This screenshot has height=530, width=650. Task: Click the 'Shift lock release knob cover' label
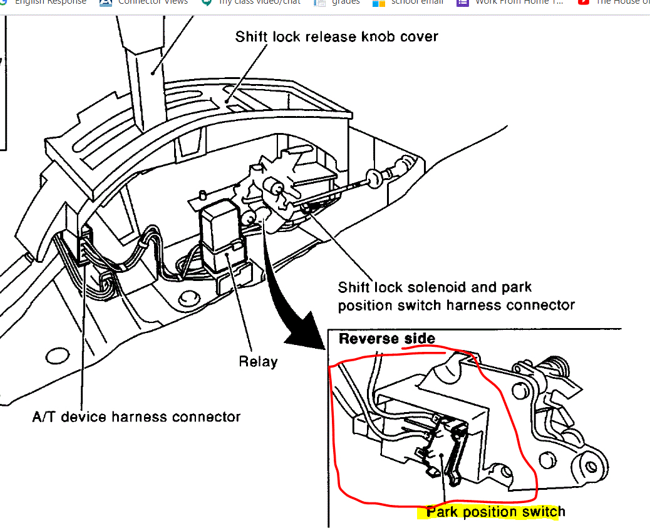336,36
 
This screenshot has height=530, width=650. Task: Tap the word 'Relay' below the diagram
258,361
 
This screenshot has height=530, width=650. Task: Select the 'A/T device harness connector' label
136,416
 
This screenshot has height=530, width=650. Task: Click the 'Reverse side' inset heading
386,339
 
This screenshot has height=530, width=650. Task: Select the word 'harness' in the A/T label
149,416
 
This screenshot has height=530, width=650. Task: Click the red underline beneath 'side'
420,346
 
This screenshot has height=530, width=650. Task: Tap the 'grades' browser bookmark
346,3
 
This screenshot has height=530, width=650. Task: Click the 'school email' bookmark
417,3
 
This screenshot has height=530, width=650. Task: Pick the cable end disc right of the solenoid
374,180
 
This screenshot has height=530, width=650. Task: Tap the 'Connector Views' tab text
153,3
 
